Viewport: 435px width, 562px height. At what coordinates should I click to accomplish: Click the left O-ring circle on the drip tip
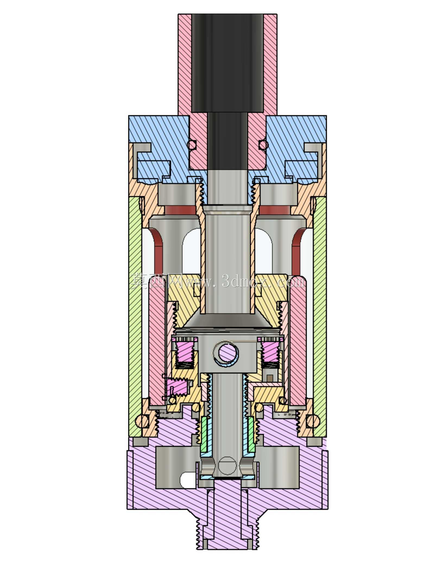[192, 144]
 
